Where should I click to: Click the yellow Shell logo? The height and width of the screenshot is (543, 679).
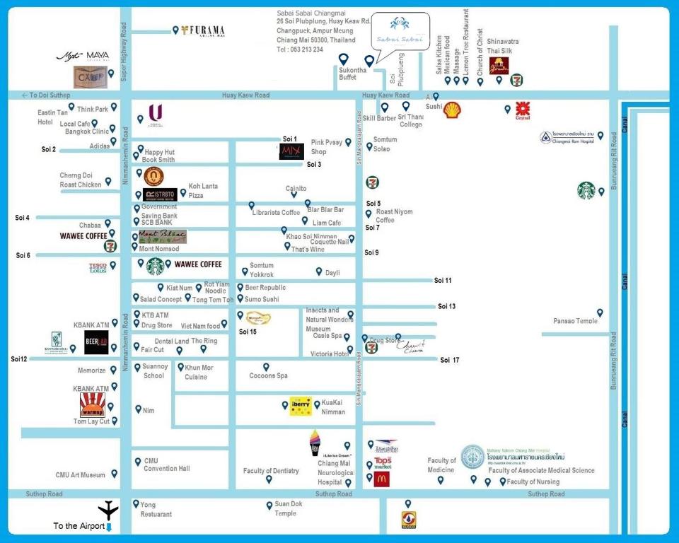click(452, 110)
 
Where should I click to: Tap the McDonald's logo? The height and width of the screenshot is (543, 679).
click(382, 479)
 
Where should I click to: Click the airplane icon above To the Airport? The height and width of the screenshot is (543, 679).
click(108, 508)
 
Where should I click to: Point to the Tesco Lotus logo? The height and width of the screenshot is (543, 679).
click(98, 268)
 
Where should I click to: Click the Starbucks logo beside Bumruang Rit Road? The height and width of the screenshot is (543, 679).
click(586, 190)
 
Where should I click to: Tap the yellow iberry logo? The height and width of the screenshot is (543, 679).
click(301, 407)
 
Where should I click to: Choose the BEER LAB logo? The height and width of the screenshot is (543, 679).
click(96, 342)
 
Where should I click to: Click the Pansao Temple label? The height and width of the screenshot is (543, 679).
click(576, 321)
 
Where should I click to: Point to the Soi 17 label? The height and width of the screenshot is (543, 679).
click(449, 360)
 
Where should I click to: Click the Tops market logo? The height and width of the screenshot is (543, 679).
click(383, 463)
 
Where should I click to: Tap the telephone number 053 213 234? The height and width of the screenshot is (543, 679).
click(300, 49)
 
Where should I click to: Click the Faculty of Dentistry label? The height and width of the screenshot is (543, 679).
click(271, 471)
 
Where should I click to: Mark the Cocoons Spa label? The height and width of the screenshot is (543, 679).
click(268, 375)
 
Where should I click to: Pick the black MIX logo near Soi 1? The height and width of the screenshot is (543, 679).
click(291, 151)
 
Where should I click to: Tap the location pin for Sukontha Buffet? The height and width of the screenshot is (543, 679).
click(343, 59)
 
